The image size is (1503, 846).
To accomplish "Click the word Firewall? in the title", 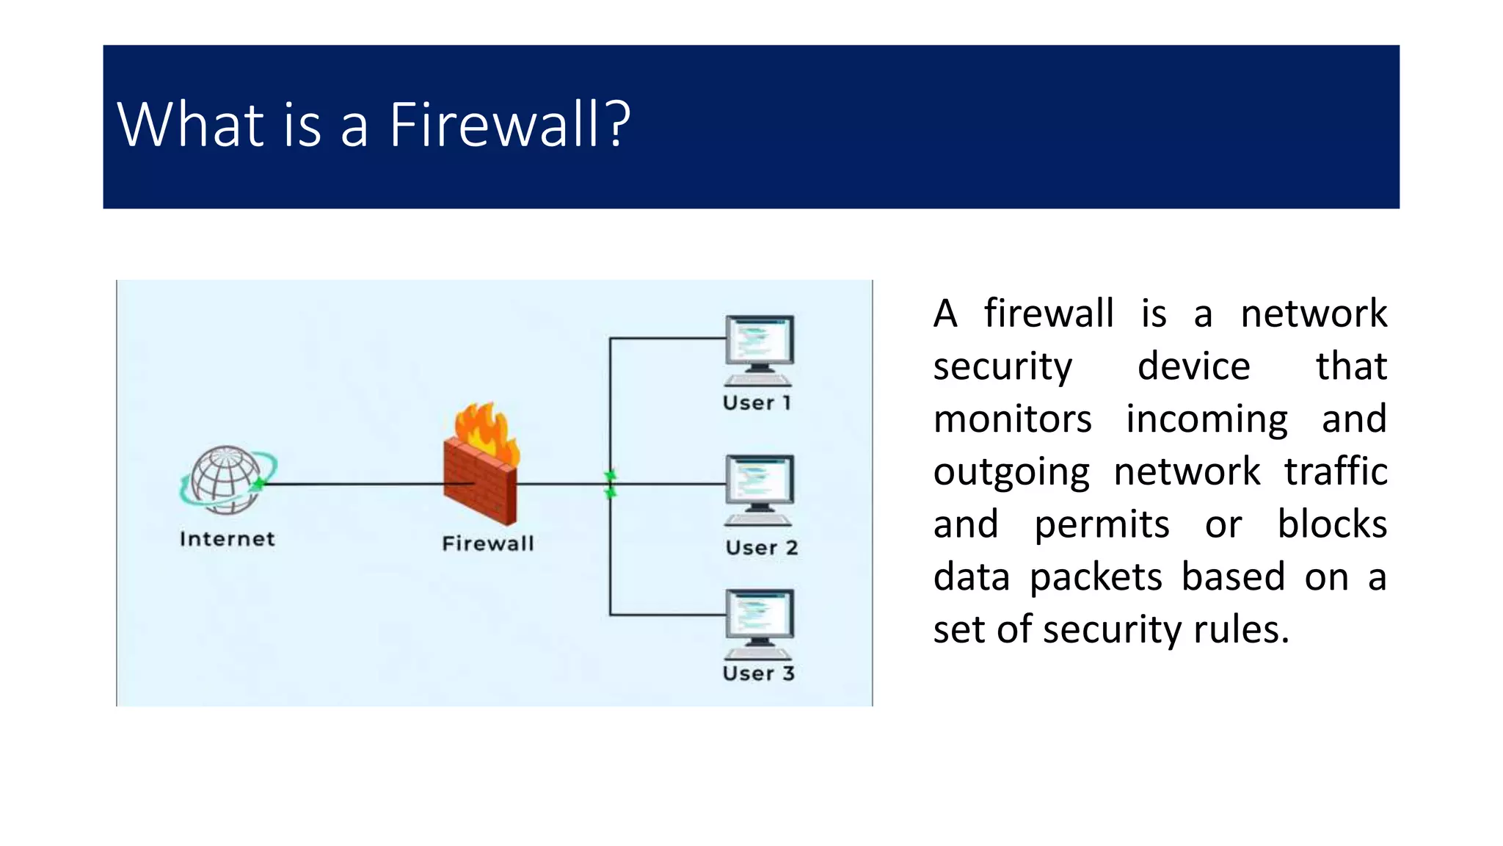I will pyautogui.click(x=509, y=125).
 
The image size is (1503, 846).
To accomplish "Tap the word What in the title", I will pyautogui.click(x=190, y=125).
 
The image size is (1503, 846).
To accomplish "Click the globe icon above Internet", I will pyautogui.click(x=226, y=479).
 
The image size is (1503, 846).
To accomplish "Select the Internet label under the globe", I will pyautogui.click(x=228, y=539).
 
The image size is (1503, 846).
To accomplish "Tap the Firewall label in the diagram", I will pyautogui.click(x=488, y=543).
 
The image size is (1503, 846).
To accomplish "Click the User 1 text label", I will pyautogui.click(x=757, y=402).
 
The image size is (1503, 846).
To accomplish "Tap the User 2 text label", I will pyautogui.click(x=761, y=547).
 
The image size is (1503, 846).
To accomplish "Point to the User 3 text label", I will pyautogui.click(x=758, y=673).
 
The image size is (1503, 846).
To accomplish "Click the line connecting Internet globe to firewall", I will pyautogui.click(x=352, y=484).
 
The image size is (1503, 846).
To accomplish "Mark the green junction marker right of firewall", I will pyautogui.click(x=610, y=485).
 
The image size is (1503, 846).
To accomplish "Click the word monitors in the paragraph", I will pyautogui.click(x=1012, y=419).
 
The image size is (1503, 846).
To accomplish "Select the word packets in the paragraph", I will pyautogui.click(x=1096, y=577).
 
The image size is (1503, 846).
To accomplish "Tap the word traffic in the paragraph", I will pyautogui.click(x=1335, y=471).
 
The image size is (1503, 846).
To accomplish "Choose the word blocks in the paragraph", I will pyautogui.click(x=1331, y=524).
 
